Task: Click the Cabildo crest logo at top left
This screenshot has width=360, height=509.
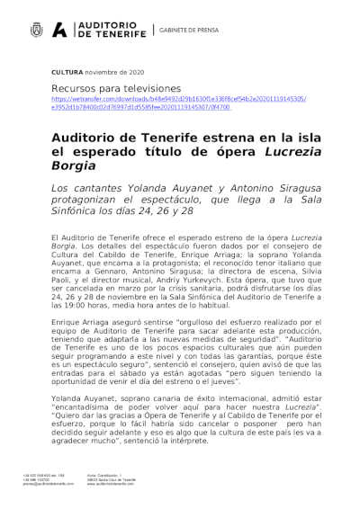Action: point(35,31)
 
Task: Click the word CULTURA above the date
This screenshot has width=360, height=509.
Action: point(67,70)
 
